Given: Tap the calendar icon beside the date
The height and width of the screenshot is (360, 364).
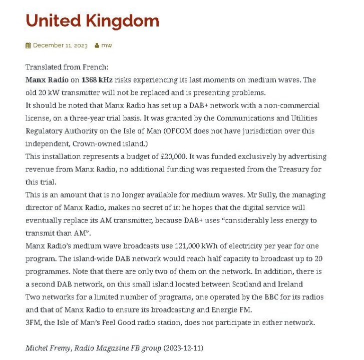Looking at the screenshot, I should tap(28, 45).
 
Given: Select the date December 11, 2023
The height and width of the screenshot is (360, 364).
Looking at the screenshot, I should tap(60, 45).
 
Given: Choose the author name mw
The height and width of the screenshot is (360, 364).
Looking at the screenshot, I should tap(107, 45).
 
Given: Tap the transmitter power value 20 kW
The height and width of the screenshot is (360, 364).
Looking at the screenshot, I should tap(49, 93).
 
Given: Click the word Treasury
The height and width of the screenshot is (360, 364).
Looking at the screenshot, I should tap(291, 169).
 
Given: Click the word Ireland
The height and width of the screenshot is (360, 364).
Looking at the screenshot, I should tap(290, 284).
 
